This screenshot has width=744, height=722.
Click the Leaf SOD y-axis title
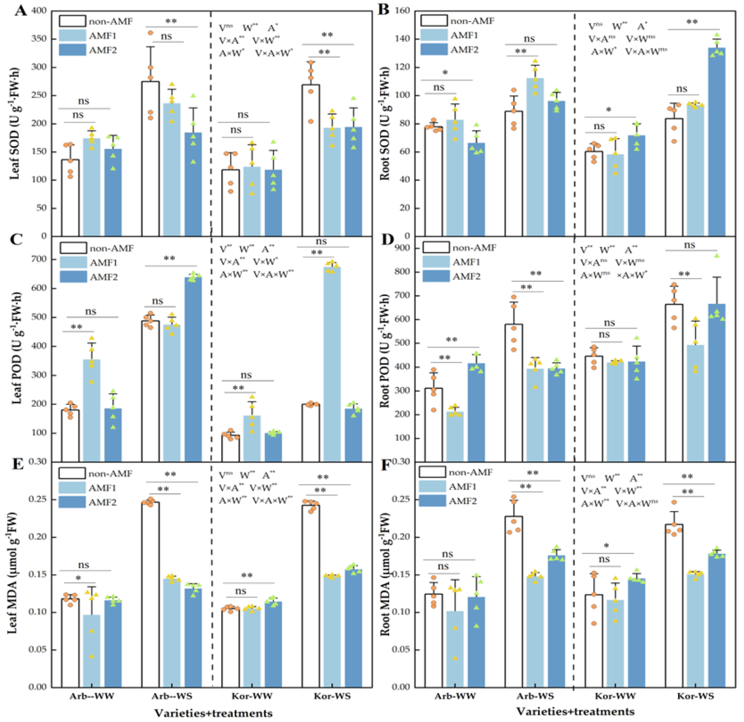click(x=14, y=123)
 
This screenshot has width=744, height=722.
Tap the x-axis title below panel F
click(x=575, y=711)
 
